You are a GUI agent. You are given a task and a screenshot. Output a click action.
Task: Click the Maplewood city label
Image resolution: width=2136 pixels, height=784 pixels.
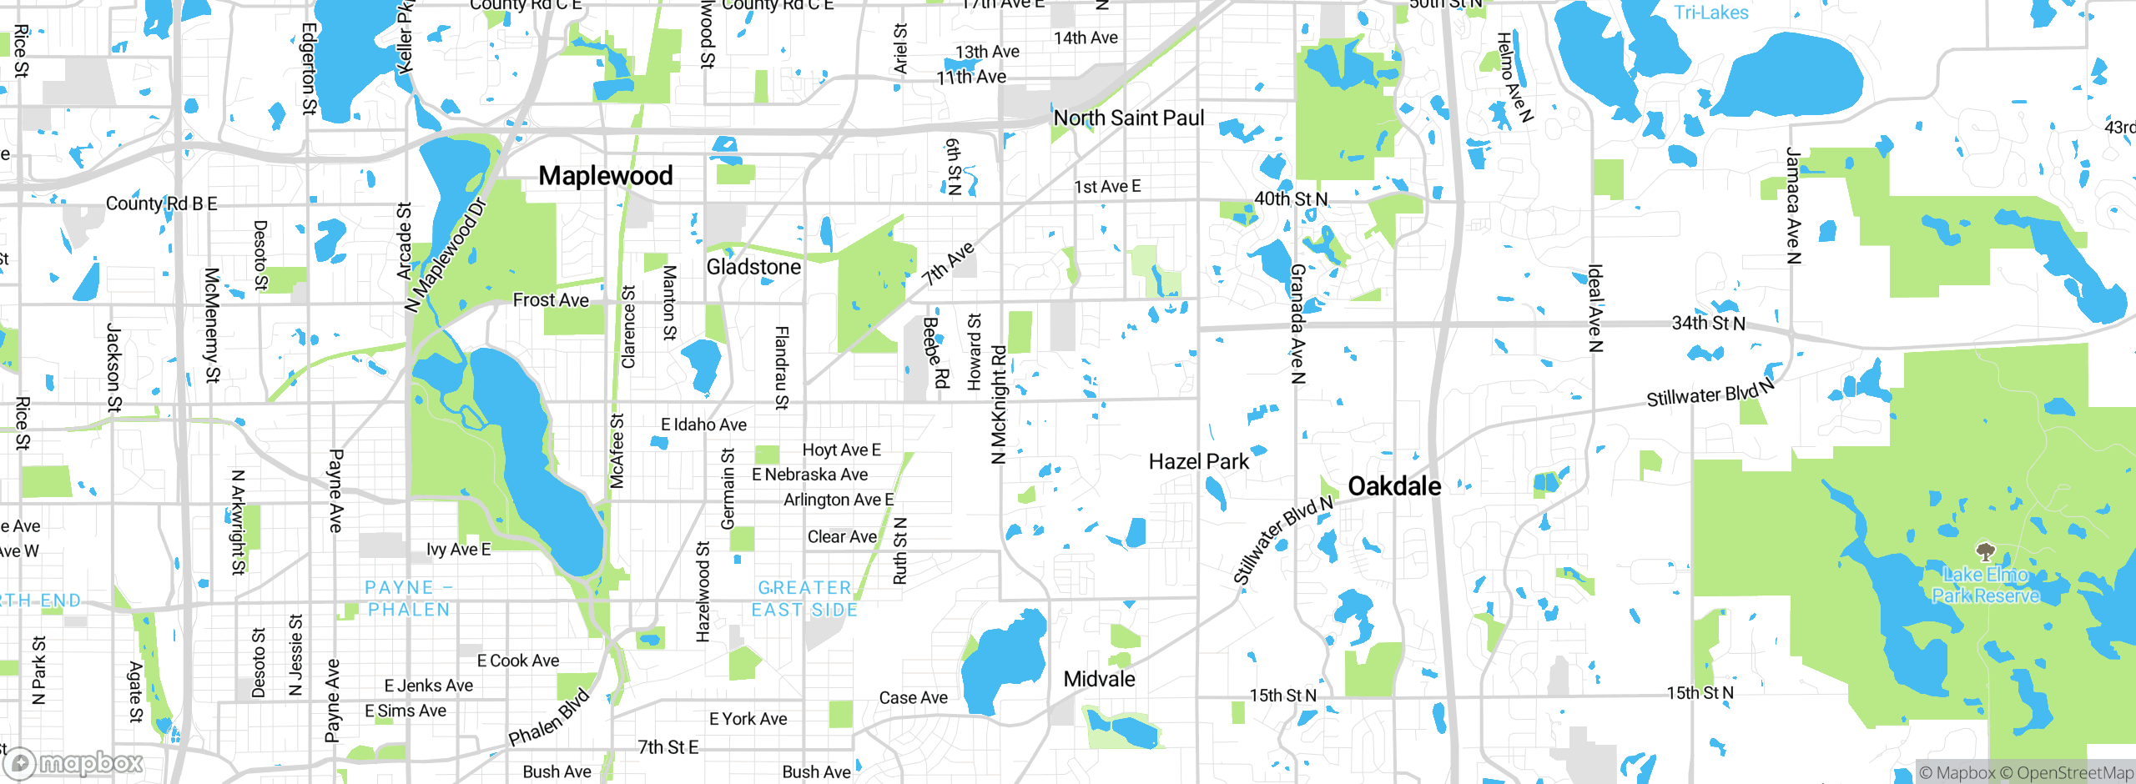click(x=605, y=176)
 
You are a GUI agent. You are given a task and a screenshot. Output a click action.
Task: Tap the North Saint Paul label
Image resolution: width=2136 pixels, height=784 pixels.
click(x=1128, y=118)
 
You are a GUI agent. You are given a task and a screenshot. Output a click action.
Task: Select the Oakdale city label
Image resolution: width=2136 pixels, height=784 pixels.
click(x=1394, y=486)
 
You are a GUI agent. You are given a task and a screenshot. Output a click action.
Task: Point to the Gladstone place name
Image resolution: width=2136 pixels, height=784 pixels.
click(x=753, y=267)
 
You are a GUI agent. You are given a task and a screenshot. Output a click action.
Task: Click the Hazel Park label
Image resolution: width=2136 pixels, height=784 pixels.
click(x=1198, y=462)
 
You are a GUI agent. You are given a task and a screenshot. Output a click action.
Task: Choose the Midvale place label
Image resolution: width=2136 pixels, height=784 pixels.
click(x=1099, y=679)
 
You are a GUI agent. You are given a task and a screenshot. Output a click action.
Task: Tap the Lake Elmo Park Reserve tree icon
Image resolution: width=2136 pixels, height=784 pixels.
click(x=1986, y=551)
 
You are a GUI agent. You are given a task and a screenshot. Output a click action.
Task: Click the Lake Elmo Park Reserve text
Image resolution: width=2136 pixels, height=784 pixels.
click(x=1986, y=585)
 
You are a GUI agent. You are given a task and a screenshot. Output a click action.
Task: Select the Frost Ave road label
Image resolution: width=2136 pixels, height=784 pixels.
click(x=551, y=300)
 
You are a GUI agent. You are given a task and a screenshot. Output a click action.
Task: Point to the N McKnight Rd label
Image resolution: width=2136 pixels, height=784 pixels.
click(x=999, y=405)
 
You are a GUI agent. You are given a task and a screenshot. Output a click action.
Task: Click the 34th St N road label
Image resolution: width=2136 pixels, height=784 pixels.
click(x=1708, y=323)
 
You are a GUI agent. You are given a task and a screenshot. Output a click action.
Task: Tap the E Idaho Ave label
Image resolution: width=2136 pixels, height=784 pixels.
click(x=703, y=425)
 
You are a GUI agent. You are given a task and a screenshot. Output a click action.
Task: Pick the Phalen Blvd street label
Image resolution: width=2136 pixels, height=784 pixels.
click(x=549, y=718)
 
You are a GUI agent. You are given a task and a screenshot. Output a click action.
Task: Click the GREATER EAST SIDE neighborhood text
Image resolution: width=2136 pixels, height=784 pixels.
click(x=804, y=599)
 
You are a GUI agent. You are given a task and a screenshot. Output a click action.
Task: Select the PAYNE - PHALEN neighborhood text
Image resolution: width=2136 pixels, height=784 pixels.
click(x=409, y=599)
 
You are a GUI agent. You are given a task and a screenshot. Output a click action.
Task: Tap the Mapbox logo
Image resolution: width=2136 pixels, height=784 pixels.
click(x=73, y=762)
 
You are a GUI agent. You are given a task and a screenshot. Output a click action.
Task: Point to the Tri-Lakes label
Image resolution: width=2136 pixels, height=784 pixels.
click(x=1710, y=13)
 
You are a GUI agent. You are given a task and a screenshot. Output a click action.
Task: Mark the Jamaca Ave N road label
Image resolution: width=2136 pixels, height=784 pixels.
click(x=1792, y=206)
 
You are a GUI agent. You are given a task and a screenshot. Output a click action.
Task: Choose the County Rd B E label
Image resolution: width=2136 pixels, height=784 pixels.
click(x=161, y=204)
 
